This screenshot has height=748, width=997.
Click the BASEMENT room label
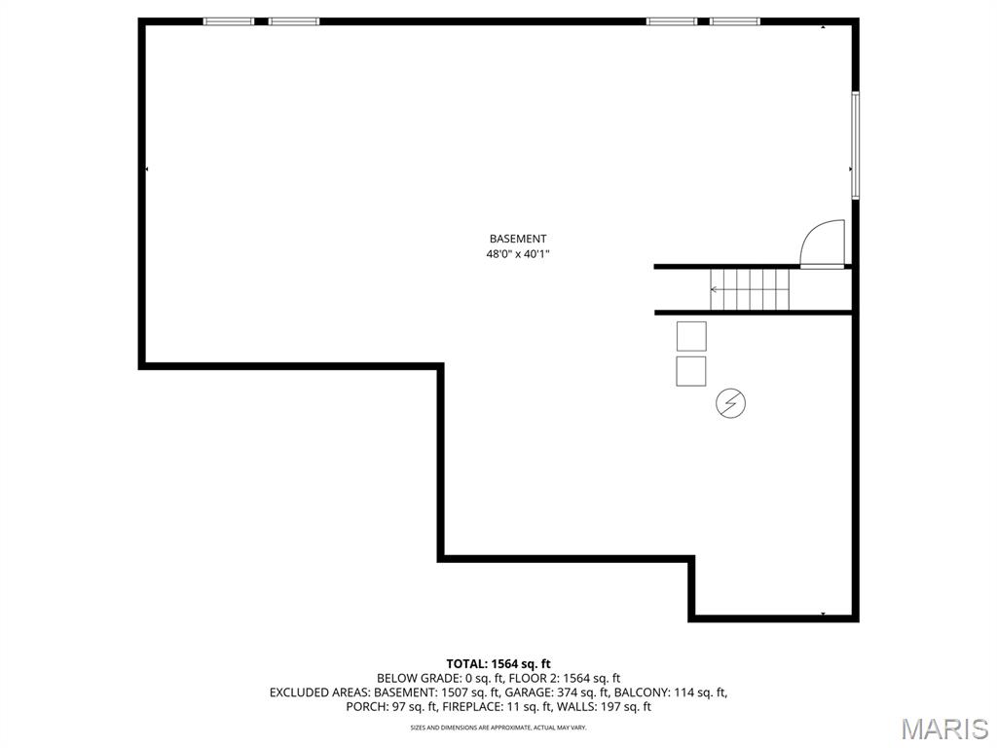click(x=517, y=239)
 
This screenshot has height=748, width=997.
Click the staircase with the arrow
click(x=750, y=289)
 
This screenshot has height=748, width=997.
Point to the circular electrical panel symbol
click(x=731, y=403)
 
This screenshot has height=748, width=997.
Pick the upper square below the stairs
click(x=691, y=336)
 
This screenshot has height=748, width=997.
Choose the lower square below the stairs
click(x=691, y=371)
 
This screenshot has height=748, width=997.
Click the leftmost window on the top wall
click(x=229, y=21)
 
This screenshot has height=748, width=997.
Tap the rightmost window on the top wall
click(x=735, y=21)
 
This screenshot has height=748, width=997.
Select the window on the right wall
click(x=855, y=145)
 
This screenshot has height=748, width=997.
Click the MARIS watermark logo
click(x=944, y=729)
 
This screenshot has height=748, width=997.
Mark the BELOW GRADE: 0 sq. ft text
click(x=428, y=678)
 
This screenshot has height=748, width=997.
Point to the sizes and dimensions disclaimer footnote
click(x=498, y=728)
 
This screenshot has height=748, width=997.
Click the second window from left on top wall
click(x=294, y=21)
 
